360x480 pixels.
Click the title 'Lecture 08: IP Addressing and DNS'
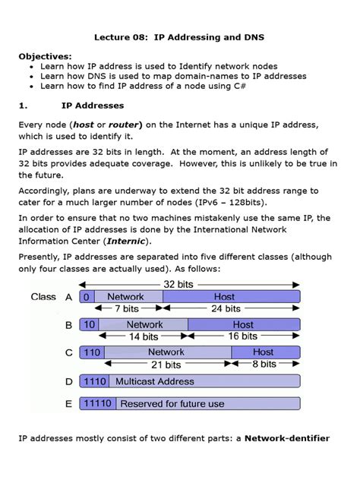pos(180,36)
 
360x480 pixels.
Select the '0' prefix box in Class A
pos(86,297)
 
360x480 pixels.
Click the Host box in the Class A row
pos(225,297)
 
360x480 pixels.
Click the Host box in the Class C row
pos(264,352)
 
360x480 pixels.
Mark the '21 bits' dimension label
pos(166,364)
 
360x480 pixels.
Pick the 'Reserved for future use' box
pos(173,404)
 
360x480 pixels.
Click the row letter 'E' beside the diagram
pos(69,404)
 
